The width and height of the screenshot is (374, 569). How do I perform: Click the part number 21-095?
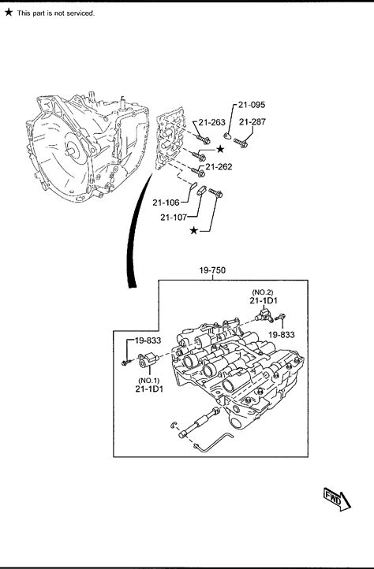[252, 105]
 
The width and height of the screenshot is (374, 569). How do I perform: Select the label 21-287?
[252, 122]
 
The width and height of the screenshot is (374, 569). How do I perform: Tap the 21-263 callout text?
[212, 122]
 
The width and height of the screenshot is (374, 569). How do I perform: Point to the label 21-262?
[219, 167]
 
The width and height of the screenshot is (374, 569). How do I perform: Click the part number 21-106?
[166, 203]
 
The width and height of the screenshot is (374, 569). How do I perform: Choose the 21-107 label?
[174, 218]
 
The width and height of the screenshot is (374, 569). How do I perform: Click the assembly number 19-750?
[212, 270]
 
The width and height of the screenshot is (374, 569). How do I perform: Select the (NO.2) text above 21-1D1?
[263, 292]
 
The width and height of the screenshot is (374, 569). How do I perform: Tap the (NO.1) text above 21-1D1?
[149, 381]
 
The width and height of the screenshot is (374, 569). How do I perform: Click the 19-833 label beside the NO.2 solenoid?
[282, 335]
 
